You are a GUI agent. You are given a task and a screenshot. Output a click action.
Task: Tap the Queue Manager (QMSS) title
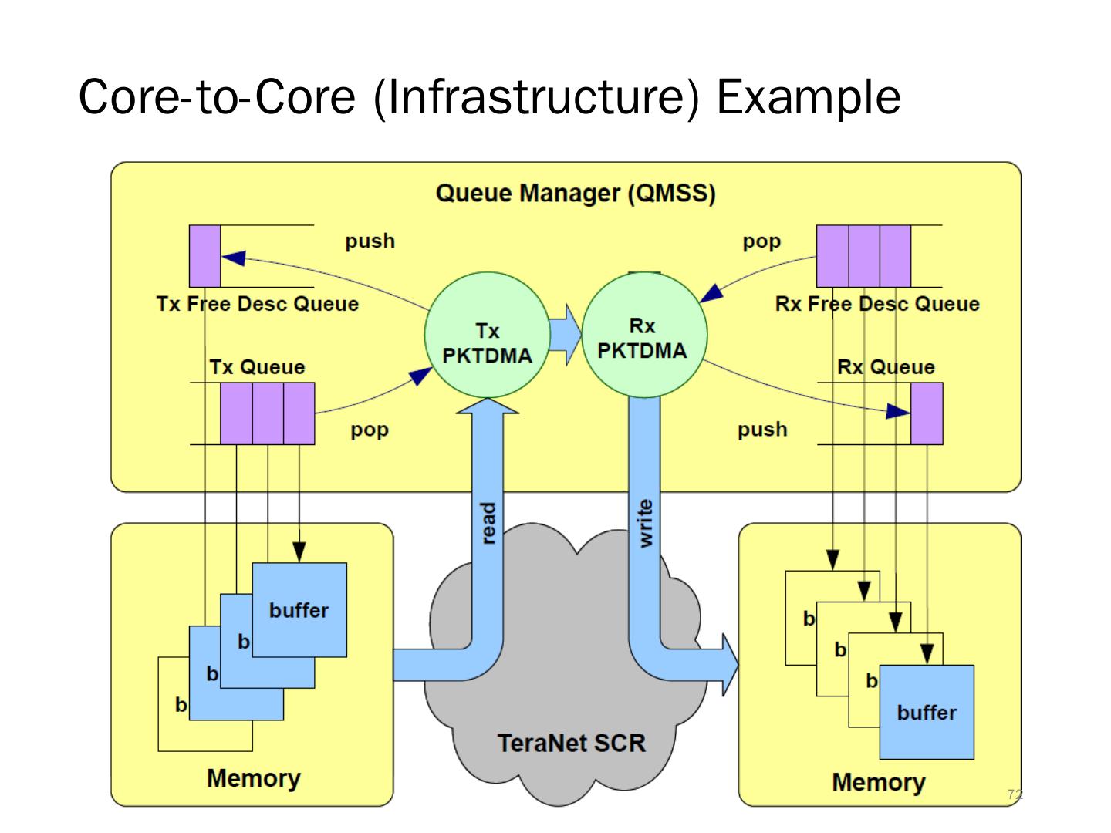(x=576, y=193)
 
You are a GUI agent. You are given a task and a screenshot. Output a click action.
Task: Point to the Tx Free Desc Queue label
(x=257, y=304)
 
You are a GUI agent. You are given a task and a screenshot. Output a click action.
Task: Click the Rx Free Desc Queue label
(x=877, y=304)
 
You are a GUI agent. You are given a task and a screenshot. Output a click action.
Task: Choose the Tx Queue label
(x=257, y=367)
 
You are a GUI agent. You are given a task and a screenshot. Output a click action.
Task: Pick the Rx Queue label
(x=886, y=367)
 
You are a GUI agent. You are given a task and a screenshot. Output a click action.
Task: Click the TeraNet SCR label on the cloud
(x=571, y=743)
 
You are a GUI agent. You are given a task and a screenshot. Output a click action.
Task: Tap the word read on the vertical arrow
(x=488, y=524)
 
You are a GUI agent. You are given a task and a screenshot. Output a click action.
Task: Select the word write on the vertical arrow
(x=645, y=524)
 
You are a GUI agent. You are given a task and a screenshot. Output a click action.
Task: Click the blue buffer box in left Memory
(x=299, y=610)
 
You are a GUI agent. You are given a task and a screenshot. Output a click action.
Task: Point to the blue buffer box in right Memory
(x=927, y=713)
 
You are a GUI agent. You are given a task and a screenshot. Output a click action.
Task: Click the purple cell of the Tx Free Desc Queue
(x=205, y=256)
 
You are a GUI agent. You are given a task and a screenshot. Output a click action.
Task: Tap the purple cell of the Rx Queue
(x=927, y=413)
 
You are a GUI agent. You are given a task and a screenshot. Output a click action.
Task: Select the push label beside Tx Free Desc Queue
(x=370, y=241)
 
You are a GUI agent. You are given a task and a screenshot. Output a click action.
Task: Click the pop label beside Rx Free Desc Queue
(x=761, y=241)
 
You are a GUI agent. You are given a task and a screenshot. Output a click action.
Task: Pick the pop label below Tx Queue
(x=370, y=430)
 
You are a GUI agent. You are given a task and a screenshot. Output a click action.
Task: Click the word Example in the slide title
(x=809, y=97)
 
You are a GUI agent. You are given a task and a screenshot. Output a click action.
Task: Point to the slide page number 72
(x=1015, y=794)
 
